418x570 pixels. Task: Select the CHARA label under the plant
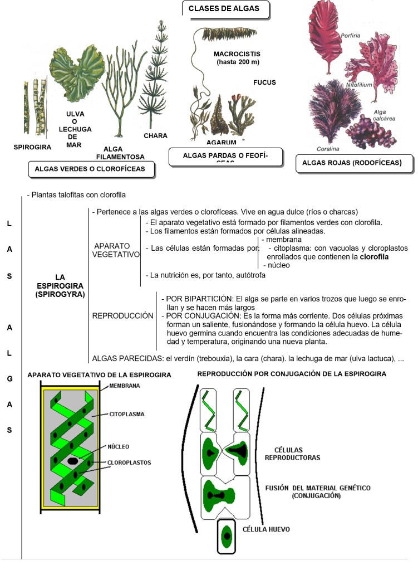[155, 135]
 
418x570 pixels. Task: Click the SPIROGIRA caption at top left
[32, 148]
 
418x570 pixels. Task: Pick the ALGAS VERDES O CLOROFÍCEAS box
[90, 168]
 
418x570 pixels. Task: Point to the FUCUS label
[264, 82]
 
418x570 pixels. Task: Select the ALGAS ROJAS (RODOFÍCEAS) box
[355, 163]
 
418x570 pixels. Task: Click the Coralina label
[328, 149]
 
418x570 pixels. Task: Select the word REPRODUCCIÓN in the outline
[122, 316]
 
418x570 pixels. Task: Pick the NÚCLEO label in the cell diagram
[118, 446]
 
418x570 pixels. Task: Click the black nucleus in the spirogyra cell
[73, 461]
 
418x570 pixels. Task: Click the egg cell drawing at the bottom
[227, 537]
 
